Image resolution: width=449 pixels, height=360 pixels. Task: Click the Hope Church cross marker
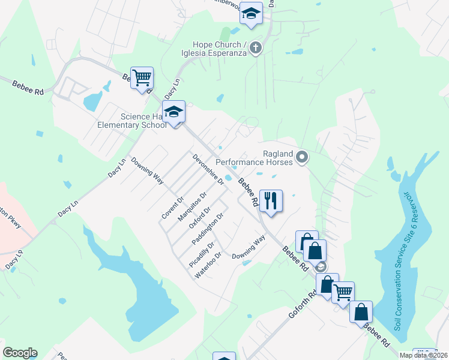coord(256,49)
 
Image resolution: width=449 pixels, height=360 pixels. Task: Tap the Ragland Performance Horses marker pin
coord(302,157)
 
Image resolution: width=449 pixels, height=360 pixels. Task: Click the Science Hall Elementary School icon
coord(174,112)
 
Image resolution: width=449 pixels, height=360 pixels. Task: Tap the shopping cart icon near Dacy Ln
coord(142,77)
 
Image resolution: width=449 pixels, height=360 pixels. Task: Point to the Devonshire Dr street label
coord(208,169)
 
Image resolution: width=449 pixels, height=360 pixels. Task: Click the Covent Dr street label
coord(172,207)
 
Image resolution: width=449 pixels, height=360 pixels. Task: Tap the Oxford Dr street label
coord(200,218)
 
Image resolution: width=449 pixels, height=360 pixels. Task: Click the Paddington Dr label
coord(208,228)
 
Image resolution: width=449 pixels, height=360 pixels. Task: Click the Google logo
coord(20,353)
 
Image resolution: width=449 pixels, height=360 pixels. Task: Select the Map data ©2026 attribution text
coord(423,355)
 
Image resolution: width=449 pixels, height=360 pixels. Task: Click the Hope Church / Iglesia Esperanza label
coord(219,49)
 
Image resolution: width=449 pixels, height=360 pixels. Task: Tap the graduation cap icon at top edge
coord(251,13)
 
